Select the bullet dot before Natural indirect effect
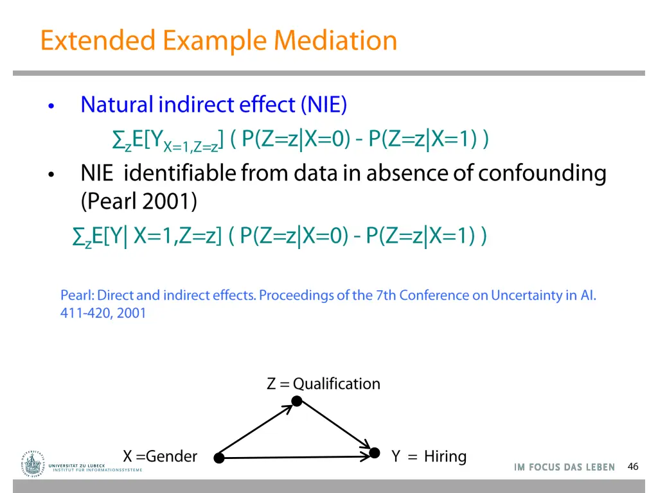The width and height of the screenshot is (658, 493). (51, 106)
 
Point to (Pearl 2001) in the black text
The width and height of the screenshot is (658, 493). (139, 202)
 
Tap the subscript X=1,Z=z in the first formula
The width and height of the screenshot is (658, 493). (191, 147)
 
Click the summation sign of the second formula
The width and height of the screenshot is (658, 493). (79, 237)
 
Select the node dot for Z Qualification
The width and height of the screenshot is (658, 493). (297, 401)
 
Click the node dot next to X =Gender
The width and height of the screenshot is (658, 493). (219, 458)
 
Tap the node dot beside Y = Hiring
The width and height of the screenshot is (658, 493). (375, 454)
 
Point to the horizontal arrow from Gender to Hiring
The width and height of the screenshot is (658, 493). (296, 458)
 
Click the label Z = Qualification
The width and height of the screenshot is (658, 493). (323, 384)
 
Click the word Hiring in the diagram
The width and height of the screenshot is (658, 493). (445, 456)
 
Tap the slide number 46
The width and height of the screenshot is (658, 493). (633, 467)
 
